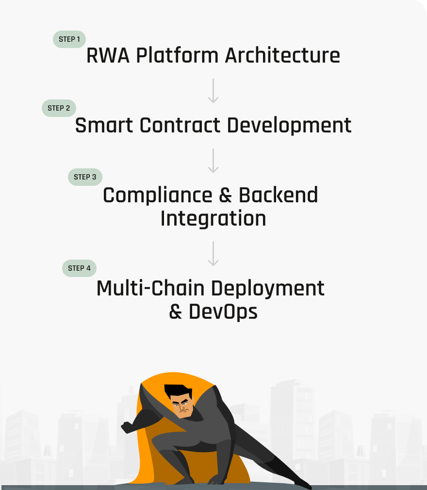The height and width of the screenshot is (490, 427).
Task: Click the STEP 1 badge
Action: [x=69, y=39]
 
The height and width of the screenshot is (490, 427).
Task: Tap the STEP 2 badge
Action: [x=59, y=108]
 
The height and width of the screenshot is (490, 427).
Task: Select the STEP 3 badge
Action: [x=85, y=177]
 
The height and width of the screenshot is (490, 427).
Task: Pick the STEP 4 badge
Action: [x=79, y=268]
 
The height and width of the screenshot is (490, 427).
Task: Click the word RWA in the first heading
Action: [x=108, y=56]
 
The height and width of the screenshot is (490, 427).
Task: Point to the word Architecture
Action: [x=282, y=56]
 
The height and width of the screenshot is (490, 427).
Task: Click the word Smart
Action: [x=104, y=126]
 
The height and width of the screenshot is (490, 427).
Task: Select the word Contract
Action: [x=181, y=126]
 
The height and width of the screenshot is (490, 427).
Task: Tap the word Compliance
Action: [x=157, y=196]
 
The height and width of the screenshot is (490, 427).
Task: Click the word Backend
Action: [x=278, y=196]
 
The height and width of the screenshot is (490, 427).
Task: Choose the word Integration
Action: [x=213, y=218]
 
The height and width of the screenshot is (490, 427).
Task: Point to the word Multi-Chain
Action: [x=150, y=289]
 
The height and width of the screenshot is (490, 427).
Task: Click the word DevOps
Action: [x=223, y=311]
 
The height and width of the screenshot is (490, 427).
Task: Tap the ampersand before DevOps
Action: [x=176, y=311]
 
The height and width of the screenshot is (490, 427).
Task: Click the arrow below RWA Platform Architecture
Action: [x=213, y=91]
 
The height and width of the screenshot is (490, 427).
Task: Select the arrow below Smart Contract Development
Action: [x=213, y=161]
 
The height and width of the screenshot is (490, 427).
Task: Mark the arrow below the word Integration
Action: [x=213, y=253]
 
